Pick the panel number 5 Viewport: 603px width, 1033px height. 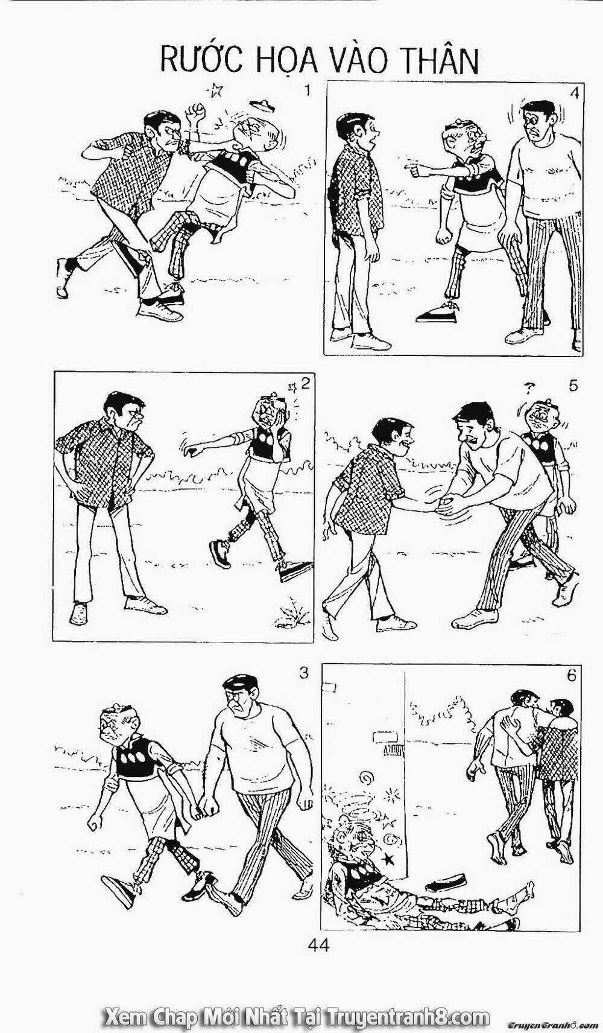[573, 386]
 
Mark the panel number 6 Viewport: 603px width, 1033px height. [572, 676]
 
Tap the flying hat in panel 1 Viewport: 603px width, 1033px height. [262, 104]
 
